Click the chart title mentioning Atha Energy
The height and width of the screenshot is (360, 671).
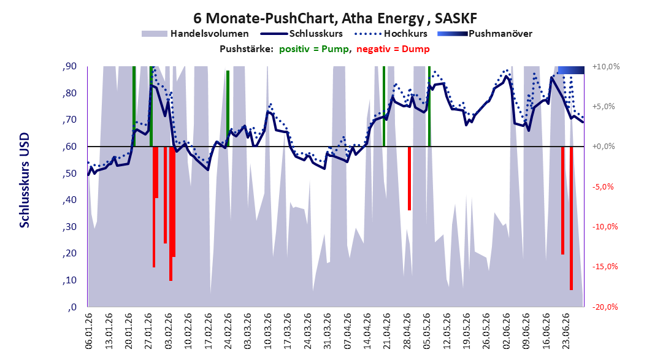pyautogui.click(x=335, y=18)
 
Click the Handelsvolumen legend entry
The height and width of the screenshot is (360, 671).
pyautogui.click(x=195, y=33)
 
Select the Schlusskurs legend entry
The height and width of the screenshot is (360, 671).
pyautogui.click(x=302, y=33)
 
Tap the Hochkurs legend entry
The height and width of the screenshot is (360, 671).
pyautogui.click(x=391, y=33)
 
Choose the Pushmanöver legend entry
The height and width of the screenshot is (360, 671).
pyautogui.click(x=485, y=33)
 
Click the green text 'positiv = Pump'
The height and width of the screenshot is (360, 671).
pyautogui.click(x=314, y=49)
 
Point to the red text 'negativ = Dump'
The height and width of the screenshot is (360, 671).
pyautogui.click(x=393, y=49)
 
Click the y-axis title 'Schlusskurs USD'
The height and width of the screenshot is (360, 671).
pyautogui.click(x=25, y=180)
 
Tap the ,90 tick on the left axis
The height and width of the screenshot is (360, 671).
pyautogui.click(x=69, y=66)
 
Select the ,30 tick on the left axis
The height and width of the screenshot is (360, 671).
pyautogui.click(x=69, y=227)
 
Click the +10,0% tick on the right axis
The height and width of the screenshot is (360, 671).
pyautogui.click(x=606, y=67)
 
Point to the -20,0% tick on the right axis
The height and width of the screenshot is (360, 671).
pyautogui.click(x=605, y=307)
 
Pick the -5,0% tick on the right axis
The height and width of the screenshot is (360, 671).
pyautogui.click(x=603, y=186)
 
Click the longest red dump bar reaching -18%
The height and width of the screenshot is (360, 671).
pyautogui.click(x=571, y=218)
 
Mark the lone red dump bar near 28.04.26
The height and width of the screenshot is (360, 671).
pyautogui.click(x=410, y=178)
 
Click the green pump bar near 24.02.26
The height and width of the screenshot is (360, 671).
pyautogui.click(x=228, y=109)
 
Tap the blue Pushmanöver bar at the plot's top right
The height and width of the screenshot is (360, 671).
pyautogui.click(x=571, y=70)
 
